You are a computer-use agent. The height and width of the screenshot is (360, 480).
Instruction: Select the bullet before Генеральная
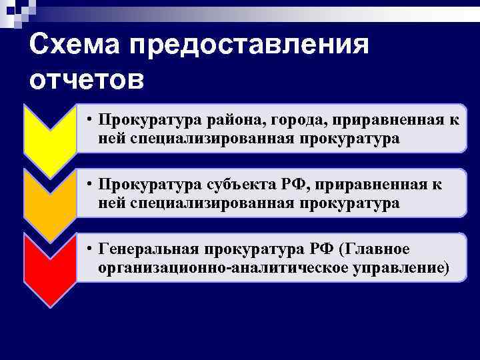point(88,249)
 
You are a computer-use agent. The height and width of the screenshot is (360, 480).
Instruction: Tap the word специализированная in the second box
point(207,203)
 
